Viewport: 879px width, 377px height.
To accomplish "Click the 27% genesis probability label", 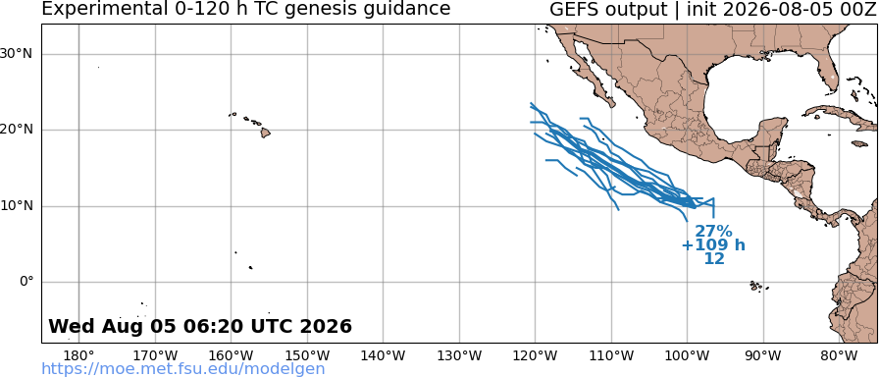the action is tap(713, 231).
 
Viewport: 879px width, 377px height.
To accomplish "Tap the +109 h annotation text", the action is tap(713, 245).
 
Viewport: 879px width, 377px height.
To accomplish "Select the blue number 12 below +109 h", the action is tap(714, 258).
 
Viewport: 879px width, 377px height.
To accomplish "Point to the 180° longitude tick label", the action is tap(79, 355).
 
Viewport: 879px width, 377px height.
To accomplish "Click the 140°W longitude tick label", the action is tap(384, 355).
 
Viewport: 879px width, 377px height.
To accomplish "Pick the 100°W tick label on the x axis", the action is tap(688, 355).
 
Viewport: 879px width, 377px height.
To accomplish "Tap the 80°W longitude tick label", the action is tap(839, 355).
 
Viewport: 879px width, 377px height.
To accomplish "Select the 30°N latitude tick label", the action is tap(17, 54).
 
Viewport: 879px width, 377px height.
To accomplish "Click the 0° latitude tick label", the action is tap(26, 282).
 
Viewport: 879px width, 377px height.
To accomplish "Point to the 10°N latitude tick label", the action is tap(17, 206).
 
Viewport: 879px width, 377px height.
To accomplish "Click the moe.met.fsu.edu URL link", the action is tap(183, 369).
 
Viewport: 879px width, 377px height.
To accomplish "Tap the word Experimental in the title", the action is tap(96, 9).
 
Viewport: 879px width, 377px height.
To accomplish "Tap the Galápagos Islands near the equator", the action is tap(758, 287).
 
